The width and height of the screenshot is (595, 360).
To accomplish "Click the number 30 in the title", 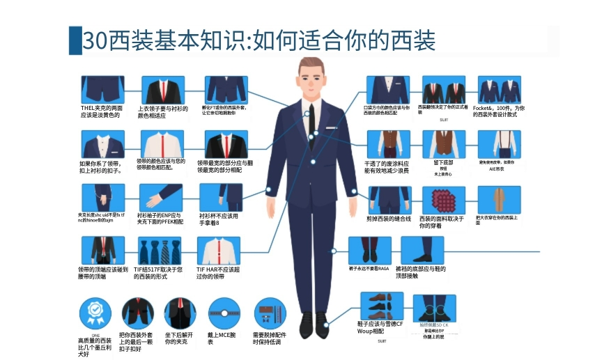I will coord(93,40).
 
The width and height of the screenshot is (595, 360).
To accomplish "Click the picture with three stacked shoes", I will coord(381,307).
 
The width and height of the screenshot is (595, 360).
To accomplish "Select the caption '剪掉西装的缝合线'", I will coord(388,219).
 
